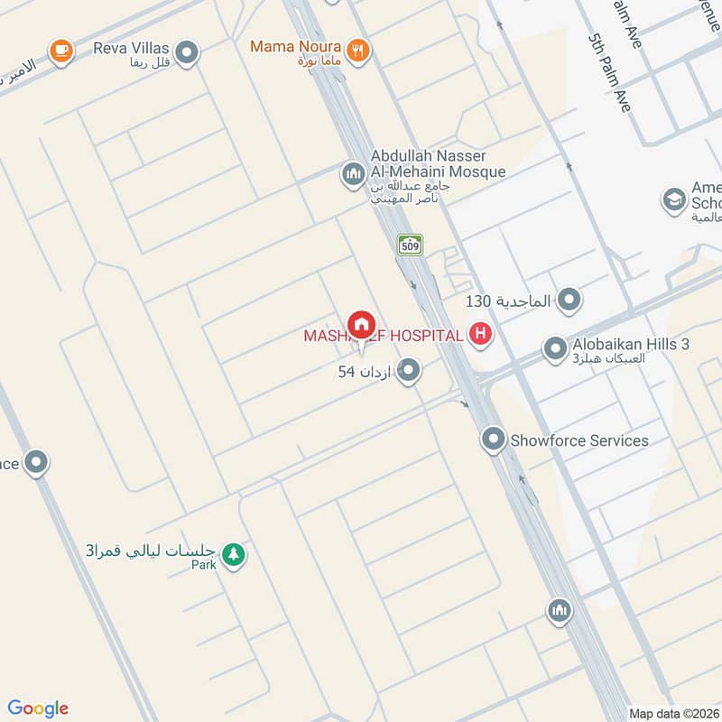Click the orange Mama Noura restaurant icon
358,51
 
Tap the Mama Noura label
295,46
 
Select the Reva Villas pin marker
187,51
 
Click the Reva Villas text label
132,48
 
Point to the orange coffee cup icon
61,51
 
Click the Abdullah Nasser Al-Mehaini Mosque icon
352,172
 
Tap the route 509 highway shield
410,244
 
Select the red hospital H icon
481,336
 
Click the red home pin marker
361,326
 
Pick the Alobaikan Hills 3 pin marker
554,347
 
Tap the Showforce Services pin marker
493,440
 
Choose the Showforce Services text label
579,440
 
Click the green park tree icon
234,553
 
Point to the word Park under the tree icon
203,566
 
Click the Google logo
38,708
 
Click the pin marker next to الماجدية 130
569,300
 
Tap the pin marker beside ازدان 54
409,371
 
